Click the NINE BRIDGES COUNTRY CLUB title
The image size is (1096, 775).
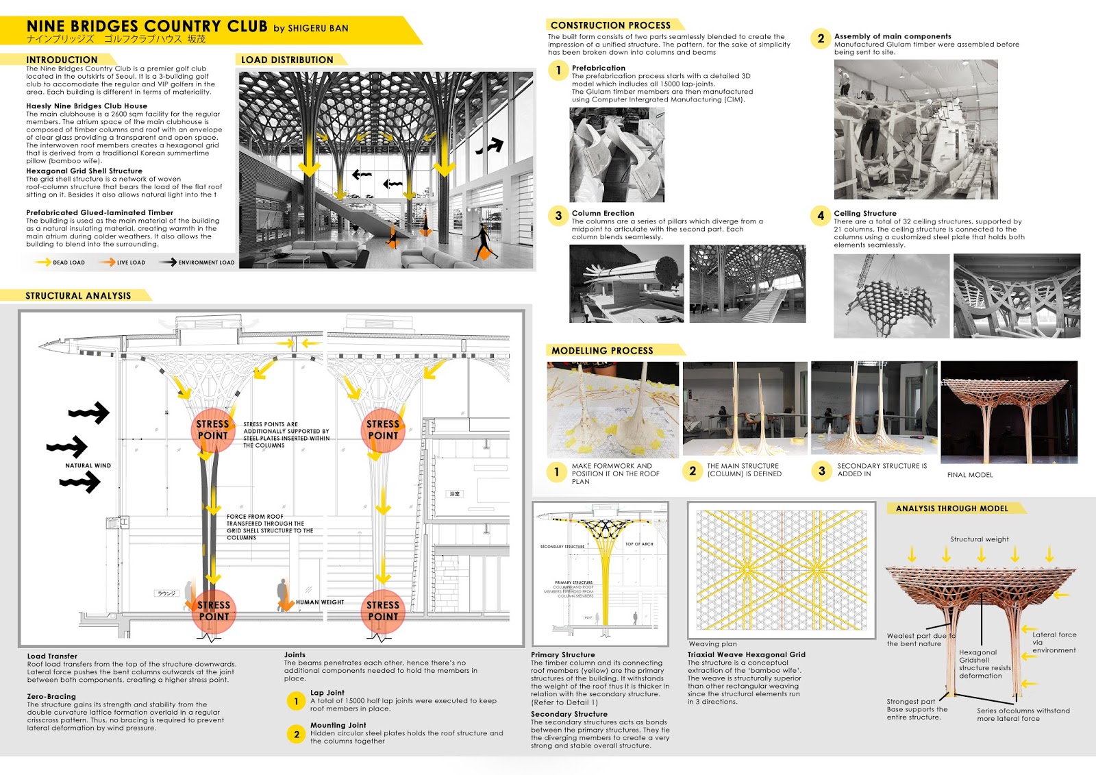pos(147,27)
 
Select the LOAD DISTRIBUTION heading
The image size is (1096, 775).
pos(287,60)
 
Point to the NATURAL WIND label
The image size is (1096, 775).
pos(88,466)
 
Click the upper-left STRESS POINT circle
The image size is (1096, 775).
pos(212,430)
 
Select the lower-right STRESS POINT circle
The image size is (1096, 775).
pos(382,611)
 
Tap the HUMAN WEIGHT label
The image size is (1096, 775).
pos(319,602)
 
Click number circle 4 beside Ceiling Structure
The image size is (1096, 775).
pos(821,216)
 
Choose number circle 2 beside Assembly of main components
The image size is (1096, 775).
pos(821,39)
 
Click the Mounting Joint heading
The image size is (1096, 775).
pos(338,725)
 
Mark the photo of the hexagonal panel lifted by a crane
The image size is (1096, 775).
pos(891,296)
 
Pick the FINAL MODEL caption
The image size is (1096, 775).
pos(969,475)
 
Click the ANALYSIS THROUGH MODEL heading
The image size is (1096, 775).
pos(951,508)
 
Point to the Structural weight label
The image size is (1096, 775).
pos(979,539)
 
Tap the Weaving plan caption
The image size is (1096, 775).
pos(712,644)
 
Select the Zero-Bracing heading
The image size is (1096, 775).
pos(51,696)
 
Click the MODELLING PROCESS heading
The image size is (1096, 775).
pos(602,351)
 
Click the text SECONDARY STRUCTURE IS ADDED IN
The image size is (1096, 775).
pos(881,469)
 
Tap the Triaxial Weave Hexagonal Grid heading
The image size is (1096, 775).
pos(746,654)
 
